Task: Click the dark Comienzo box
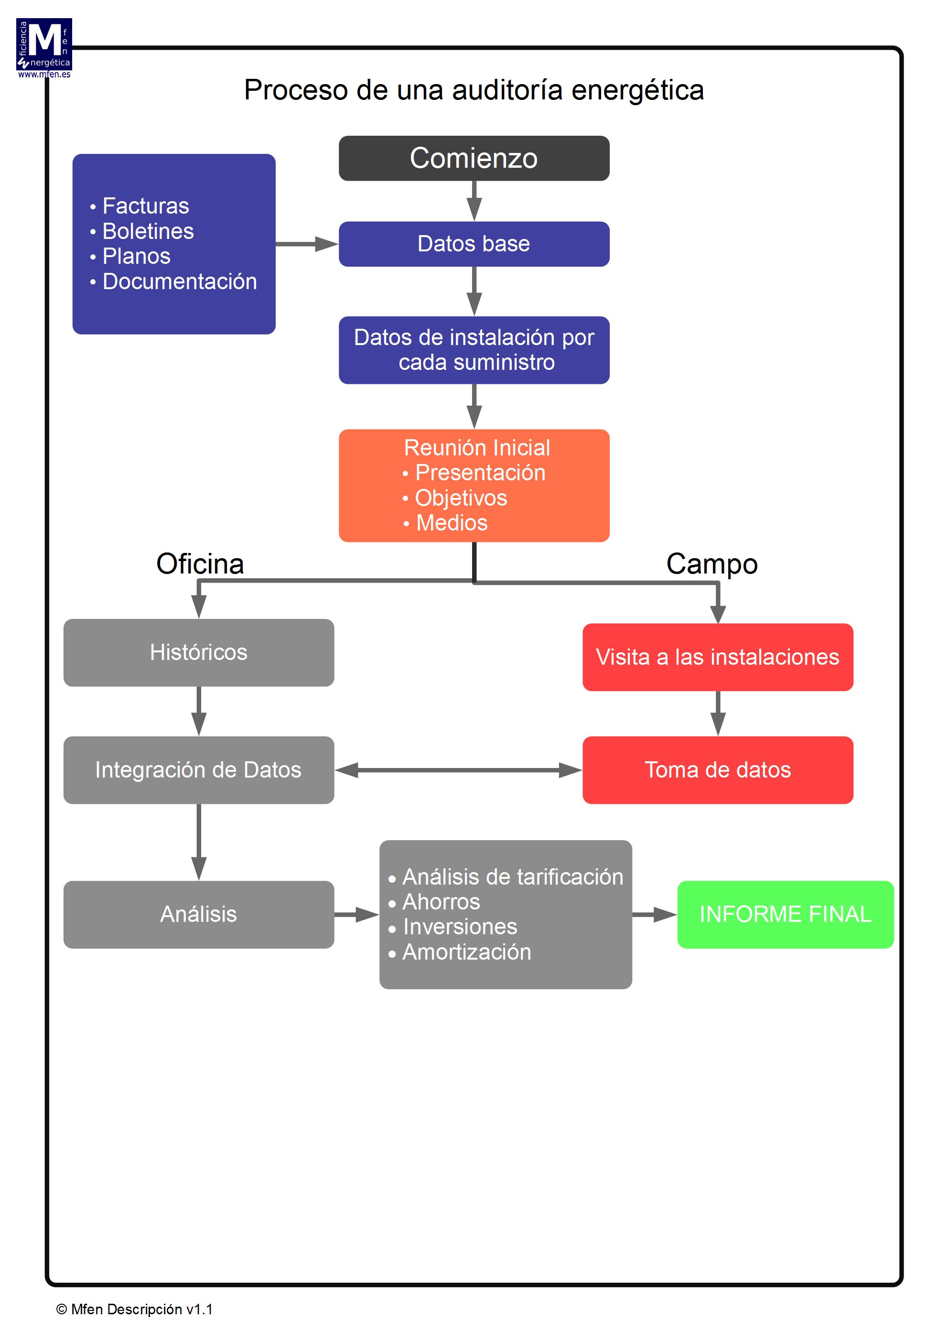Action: (474, 158)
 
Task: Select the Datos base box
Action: (474, 244)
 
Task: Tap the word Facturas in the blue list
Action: (145, 206)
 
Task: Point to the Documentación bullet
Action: (179, 281)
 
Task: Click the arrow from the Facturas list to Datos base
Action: (306, 244)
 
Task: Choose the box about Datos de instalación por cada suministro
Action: (474, 350)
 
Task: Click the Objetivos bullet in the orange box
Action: (460, 497)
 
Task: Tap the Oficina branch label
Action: (200, 563)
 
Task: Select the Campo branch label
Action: (711, 563)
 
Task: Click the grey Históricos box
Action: (199, 652)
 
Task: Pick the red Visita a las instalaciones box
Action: (717, 657)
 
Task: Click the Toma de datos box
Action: (717, 770)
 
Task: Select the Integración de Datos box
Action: (199, 770)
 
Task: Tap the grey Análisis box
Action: (199, 914)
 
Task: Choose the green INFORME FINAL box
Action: (785, 914)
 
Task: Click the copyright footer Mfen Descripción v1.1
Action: (135, 1309)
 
